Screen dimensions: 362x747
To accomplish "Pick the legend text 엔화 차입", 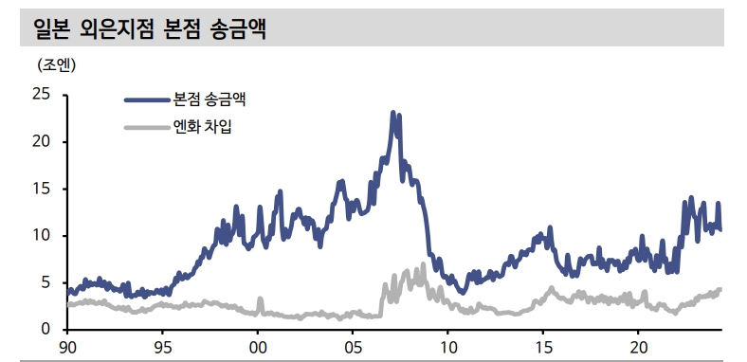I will [202, 127].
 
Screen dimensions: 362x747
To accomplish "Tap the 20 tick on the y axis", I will [41, 141].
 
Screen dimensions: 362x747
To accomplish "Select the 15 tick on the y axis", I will [41, 189].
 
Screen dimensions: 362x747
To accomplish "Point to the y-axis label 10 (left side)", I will [41, 235].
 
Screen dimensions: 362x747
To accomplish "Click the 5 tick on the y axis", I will [45, 282].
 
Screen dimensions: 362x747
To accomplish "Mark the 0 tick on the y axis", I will [45, 330].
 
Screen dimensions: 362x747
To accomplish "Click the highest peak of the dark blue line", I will [393, 113].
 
